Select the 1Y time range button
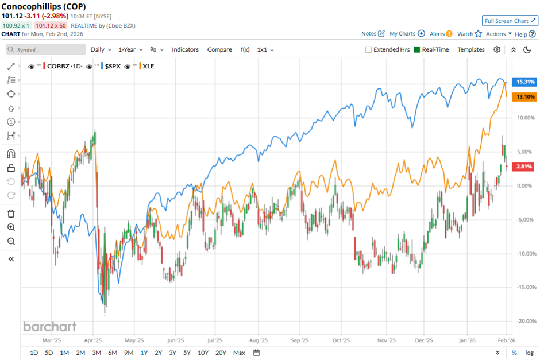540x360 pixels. [144, 353]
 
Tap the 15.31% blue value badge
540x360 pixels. [526, 82]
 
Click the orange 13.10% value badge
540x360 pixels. [526, 97]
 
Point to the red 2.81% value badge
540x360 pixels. [526, 166]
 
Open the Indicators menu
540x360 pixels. [185, 49]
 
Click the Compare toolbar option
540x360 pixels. [219, 49]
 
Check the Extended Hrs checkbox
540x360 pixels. [368, 50]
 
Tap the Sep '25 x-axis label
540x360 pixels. [300, 340]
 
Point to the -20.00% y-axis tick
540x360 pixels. [526, 321]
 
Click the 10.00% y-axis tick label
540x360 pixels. [526, 118]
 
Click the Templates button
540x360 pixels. [470, 49]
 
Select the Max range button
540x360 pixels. [239, 353]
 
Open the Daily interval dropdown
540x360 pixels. [100, 49]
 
